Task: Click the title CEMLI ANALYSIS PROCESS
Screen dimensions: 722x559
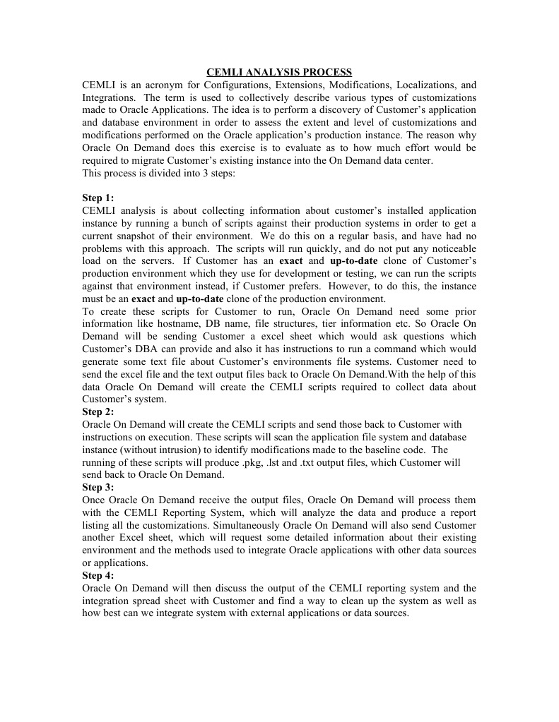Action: (x=278, y=72)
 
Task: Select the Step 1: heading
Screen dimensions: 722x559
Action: (x=98, y=198)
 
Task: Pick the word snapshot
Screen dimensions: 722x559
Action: (x=140, y=236)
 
